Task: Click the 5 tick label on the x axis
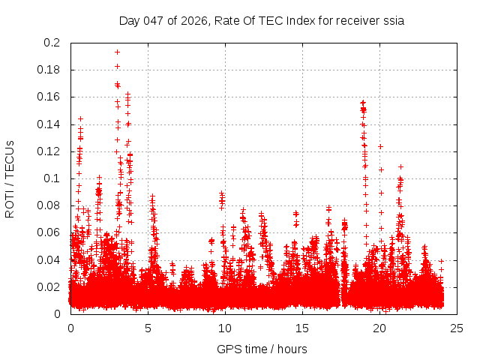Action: pyautogui.click(x=148, y=328)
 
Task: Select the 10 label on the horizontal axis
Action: pyautogui.click(x=225, y=328)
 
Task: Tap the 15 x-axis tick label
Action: pyautogui.click(x=302, y=328)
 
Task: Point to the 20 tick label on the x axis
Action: pyautogui.click(x=379, y=328)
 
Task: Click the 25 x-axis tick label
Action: pyautogui.click(x=457, y=328)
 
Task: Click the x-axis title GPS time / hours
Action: pyautogui.click(x=262, y=349)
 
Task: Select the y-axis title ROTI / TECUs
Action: pyautogui.click(x=10, y=178)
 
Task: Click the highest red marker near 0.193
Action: pyautogui.click(x=117, y=52)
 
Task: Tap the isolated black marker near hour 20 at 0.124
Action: pyautogui.click(x=380, y=146)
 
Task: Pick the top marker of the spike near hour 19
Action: pyautogui.click(x=363, y=102)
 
